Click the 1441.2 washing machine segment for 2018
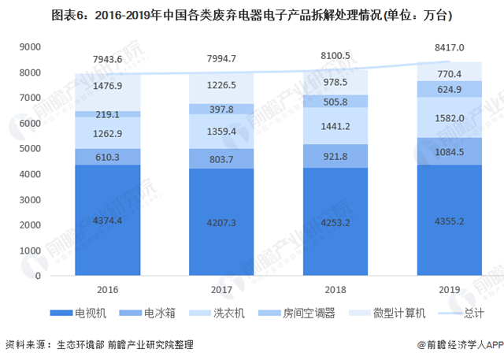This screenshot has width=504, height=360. pos(321,125)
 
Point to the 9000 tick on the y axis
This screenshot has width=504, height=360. pos(29,47)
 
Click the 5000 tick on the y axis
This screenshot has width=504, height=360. pos(29,149)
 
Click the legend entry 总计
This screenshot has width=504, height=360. pos(469,313)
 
